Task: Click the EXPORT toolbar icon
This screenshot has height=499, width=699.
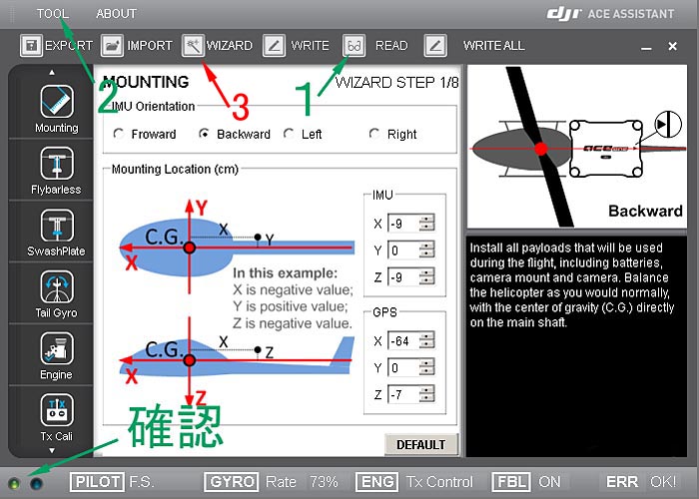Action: tap(31, 46)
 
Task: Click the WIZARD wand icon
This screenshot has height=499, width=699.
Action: tap(193, 46)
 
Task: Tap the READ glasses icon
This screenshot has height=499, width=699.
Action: tap(353, 46)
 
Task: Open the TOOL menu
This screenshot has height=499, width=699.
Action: tap(53, 14)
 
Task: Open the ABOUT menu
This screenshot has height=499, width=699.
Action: tap(116, 14)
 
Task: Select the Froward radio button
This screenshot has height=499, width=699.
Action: tap(119, 134)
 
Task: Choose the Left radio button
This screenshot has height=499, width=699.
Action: tap(289, 134)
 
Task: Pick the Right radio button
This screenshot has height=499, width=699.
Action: tap(374, 134)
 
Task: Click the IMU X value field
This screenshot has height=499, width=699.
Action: tap(403, 224)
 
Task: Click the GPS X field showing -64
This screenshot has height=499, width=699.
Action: tap(403, 341)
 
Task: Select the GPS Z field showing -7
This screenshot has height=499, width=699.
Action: tap(403, 394)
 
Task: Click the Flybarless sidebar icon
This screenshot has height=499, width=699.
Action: tap(57, 163)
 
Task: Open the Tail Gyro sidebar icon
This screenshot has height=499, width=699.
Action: tap(57, 286)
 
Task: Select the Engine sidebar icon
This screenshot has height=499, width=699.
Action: tap(57, 348)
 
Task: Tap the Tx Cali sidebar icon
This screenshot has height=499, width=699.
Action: tap(57, 410)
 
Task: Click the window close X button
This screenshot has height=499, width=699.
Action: tap(673, 46)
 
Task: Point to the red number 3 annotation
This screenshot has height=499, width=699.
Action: tap(241, 108)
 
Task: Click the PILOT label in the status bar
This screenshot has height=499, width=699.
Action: tap(97, 482)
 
